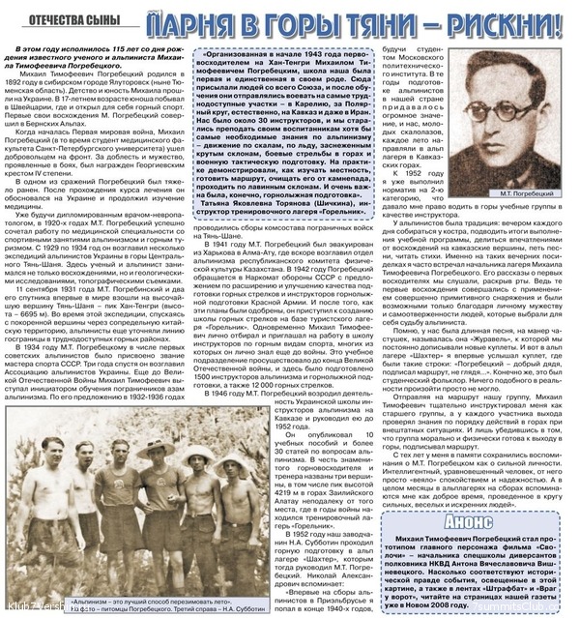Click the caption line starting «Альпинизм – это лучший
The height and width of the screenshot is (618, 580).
coord(127,593)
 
